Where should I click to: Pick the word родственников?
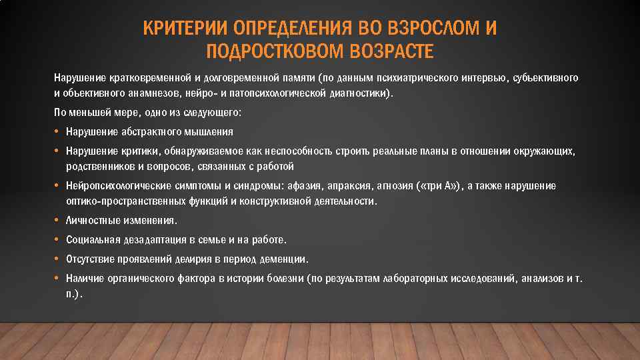click(96, 166)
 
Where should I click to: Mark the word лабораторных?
click(416, 279)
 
